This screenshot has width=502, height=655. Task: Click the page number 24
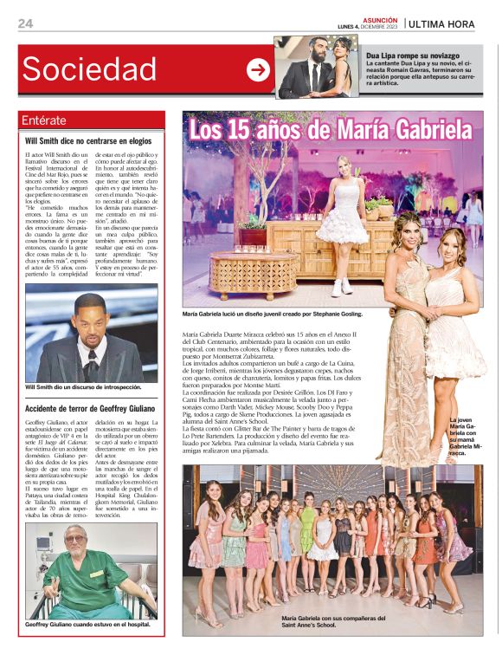(x=25, y=23)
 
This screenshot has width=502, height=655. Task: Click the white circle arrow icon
(x=258, y=70)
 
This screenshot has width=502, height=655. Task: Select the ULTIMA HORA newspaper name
(x=441, y=24)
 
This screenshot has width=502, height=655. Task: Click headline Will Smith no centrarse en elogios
(x=88, y=139)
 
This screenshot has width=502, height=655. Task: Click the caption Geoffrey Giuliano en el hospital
(x=87, y=624)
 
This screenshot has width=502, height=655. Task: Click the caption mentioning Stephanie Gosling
(x=272, y=314)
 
